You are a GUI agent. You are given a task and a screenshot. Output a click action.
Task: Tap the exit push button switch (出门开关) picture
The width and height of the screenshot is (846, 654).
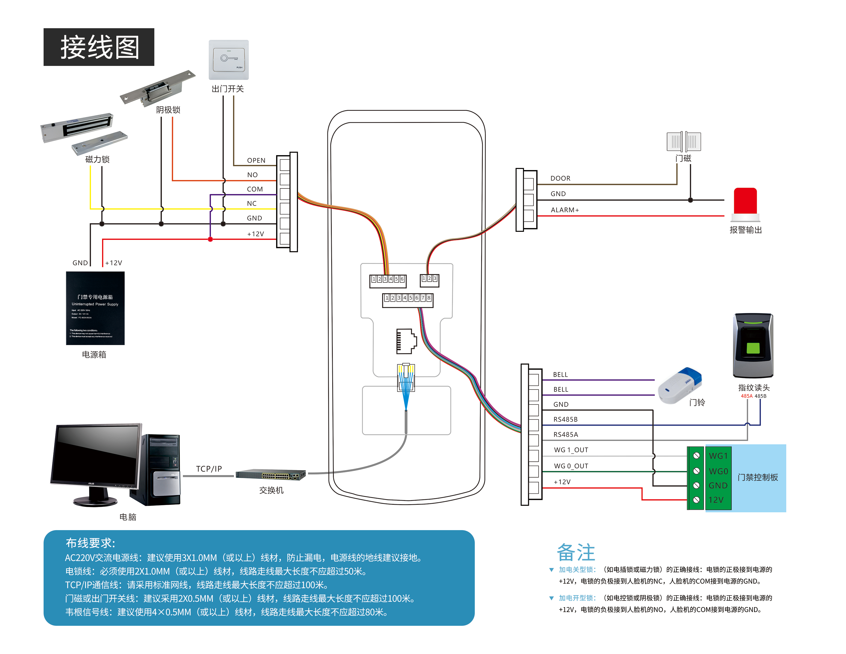coord(228,60)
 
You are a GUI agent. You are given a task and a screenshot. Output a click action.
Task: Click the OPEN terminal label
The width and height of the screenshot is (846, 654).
coord(256,160)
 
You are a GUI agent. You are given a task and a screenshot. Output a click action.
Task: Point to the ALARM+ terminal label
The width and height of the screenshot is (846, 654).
coord(565,210)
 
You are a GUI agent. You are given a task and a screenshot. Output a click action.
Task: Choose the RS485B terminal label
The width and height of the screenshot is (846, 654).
coord(565,419)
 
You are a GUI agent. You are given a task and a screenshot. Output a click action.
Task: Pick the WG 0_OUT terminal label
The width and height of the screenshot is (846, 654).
coord(571,466)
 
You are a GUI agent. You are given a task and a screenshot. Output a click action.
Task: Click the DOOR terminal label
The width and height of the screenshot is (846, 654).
coord(560,178)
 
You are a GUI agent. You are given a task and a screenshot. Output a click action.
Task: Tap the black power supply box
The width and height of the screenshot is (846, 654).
coord(95,308)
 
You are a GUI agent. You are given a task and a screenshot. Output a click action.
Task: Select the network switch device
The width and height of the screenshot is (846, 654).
coord(271,474)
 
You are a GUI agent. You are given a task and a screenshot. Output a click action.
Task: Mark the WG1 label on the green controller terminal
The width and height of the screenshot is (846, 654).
coord(718,456)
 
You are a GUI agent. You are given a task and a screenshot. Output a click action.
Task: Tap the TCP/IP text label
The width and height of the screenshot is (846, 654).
coord(209,469)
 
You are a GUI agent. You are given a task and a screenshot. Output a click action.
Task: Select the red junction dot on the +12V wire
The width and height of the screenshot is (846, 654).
coord(210,240)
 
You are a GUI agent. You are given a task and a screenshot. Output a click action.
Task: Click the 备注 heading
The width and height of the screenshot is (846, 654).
coord(576,552)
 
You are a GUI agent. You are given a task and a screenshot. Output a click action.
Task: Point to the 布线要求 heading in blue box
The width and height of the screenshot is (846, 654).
coord(90,543)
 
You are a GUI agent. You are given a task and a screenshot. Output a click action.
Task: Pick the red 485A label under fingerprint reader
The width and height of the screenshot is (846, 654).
coord(747,396)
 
